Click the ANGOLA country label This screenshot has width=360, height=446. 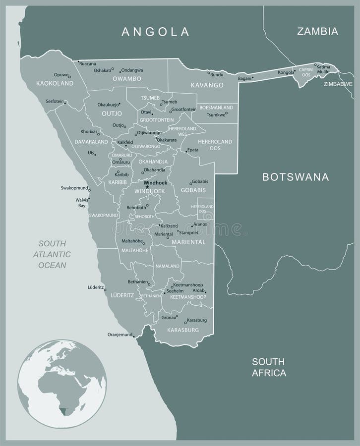pyautogui.click(x=156, y=32)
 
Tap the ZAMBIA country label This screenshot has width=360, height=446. pyautogui.click(x=317, y=32)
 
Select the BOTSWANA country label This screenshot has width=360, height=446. pyautogui.click(x=296, y=176)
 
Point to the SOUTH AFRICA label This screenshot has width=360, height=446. pyautogui.click(x=269, y=367)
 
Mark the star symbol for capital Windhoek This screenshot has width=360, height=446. pyautogui.click(x=147, y=187)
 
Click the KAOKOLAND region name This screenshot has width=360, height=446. pyautogui.click(x=52, y=84)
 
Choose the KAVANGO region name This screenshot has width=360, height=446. pyautogui.click(x=208, y=85)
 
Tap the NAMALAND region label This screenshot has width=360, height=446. pyautogui.click(x=168, y=266)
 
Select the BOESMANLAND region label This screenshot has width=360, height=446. pyautogui.click(x=216, y=107)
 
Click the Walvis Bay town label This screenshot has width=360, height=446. pyautogui.click(x=80, y=202)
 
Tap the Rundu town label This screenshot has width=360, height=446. pyautogui.click(x=217, y=74)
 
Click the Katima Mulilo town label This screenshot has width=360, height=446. pyautogui.click(x=323, y=69)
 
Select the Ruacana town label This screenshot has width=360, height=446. pyautogui.click(x=87, y=64)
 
